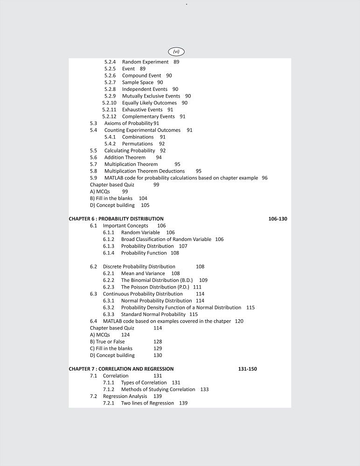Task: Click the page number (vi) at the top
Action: click(176, 51)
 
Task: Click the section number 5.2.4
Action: click(110, 62)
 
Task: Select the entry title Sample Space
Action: click(138, 82)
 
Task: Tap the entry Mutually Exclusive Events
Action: click(151, 96)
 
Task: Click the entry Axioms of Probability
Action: click(128, 123)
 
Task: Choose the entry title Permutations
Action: click(137, 144)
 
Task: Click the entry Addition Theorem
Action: click(125, 158)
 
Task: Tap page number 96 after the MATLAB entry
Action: click(264, 178)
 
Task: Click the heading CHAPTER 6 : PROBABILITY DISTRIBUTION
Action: click(116, 219)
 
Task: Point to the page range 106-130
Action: click(278, 219)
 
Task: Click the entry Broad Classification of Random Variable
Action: click(166, 240)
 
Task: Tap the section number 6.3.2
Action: click(109, 308)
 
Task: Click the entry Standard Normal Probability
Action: click(153, 315)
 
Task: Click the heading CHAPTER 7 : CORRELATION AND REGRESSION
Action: click(121, 369)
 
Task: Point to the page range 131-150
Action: click(247, 369)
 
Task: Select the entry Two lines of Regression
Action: click(147, 403)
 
